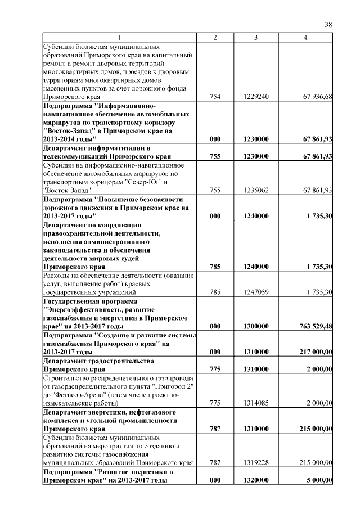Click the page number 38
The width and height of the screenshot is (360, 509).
[328, 24]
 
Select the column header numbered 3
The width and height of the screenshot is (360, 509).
[255, 37]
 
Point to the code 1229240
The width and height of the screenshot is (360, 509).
[256, 97]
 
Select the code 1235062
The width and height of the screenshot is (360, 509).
[256, 191]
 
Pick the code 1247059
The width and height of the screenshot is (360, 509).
[256, 292]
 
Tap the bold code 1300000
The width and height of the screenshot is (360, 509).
[256, 326]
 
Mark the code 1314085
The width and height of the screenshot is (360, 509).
[256, 403]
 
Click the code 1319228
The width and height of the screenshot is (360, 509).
[256, 462]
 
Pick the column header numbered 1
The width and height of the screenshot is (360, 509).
[119, 37]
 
